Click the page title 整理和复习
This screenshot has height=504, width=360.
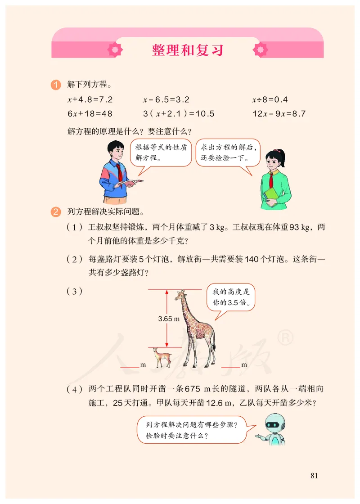[x=188, y=50]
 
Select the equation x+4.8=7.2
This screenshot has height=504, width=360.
[x=90, y=99]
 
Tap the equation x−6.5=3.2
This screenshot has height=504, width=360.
[x=166, y=99]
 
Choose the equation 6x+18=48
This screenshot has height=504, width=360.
[x=90, y=114]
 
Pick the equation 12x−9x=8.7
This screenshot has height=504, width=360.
[x=279, y=114]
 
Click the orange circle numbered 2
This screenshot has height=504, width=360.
[x=56, y=211]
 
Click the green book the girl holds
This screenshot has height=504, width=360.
[x=271, y=194]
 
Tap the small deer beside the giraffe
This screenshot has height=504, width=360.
[x=162, y=357]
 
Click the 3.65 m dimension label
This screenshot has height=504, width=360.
[x=169, y=319]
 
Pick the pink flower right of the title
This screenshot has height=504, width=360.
[x=261, y=49]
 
